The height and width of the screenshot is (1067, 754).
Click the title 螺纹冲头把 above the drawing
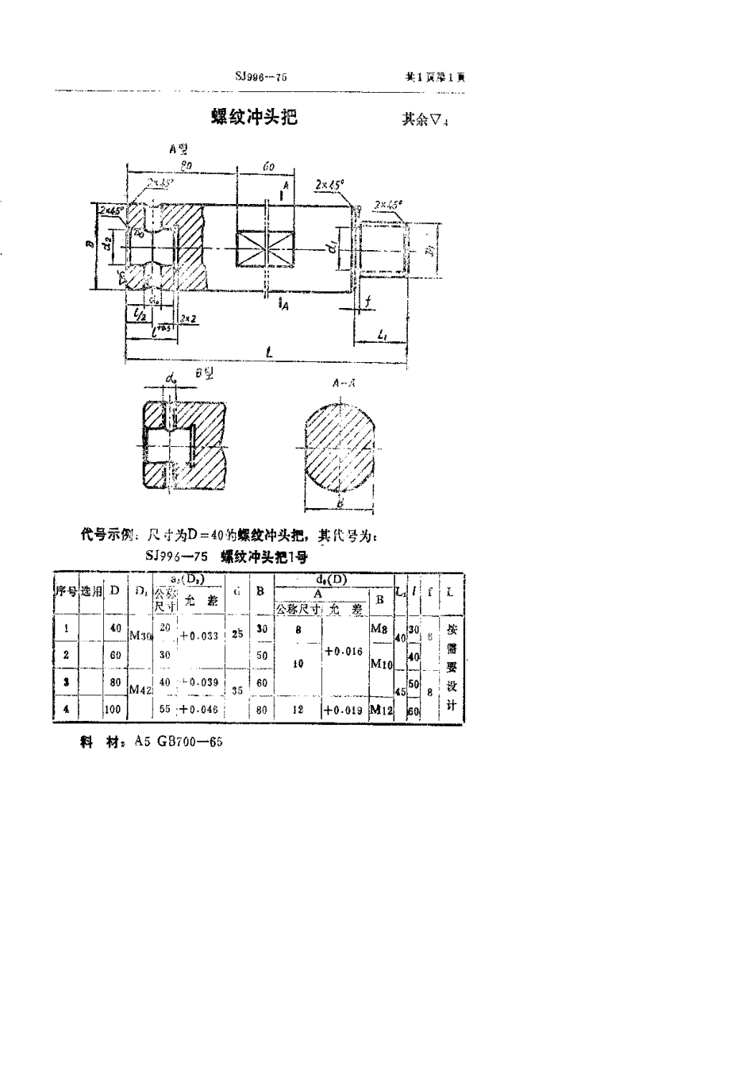pyautogui.click(x=253, y=117)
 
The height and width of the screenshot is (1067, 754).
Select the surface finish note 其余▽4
pyautogui.click(x=425, y=120)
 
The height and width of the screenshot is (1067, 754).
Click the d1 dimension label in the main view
pyautogui.click(x=331, y=248)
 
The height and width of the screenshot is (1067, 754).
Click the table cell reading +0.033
pyautogui.click(x=198, y=635)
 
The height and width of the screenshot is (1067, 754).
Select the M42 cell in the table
pyautogui.click(x=139, y=691)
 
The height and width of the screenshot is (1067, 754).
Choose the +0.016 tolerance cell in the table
pyautogui.click(x=344, y=651)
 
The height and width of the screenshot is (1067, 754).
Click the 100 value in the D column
pyautogui.click(x=112, y=709)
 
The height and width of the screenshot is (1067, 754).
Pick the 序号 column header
pyautogui.click(x=65, y=591)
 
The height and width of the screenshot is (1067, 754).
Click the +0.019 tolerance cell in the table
pyautogui.click(x=344, y=710)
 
